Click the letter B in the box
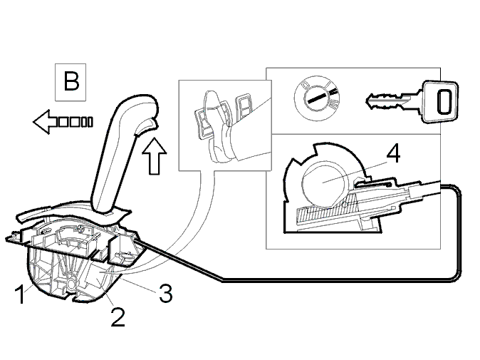click(71, 81)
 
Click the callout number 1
click(20, 294)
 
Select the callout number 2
click(118, 317)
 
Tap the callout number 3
click(166, 293)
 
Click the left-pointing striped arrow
click(63, 122)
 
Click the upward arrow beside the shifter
click(155, 156)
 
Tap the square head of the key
click(440, 101)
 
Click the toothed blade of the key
click(388, 101)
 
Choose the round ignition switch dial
click(317, 98)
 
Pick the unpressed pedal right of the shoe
click(244, 108)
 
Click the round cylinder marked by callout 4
click(325, 183)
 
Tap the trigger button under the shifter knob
click(146, 126)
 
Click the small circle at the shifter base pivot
click(71, 284)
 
